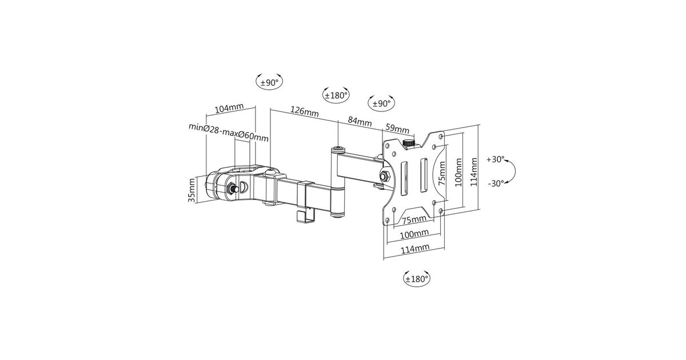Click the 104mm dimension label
point(229,109)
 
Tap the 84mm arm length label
point(360,122)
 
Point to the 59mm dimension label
point(397,128)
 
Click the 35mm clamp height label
point(192,190)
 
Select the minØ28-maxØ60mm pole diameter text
point(229,132)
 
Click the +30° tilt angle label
point(496,159)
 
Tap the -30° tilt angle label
point(496,183)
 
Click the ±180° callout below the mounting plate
point(417,279)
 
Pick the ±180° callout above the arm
point(336,95)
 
